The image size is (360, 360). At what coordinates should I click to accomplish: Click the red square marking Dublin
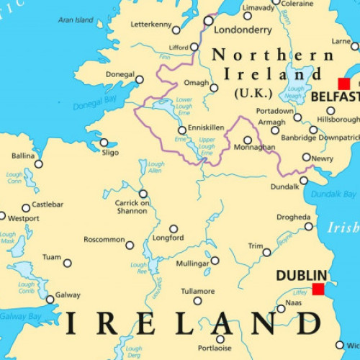pyautogui.click(x=318, y=289)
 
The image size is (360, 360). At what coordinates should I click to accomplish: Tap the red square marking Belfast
pyautogui.click(x=344, y=84)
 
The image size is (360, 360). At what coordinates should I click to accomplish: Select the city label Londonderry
pyautogui.click(x=243, y=30)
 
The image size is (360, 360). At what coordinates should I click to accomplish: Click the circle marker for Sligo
pyautogui.click(x=104, y=143)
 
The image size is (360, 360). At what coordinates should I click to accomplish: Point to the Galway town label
pyautogui.click(x=68, y=295)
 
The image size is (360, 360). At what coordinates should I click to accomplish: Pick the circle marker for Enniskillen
pyautogui.click(x=182, y=130)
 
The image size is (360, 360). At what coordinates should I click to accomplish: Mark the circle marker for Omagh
pyautogui.click(x=214, y=88)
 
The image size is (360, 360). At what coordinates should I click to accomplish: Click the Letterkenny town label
pyautogui.click(x=151, y=24)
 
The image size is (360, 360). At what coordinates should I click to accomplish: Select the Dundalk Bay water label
pyautogui.click(x=334, y=194)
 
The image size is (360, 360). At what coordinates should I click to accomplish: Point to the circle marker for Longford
pyautogui.click(x=173, y=228)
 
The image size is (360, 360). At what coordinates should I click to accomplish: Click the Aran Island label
pyautogui.click(x=76, y=20)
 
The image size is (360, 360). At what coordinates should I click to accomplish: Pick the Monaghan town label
pyautogui.click(x=255, y=147)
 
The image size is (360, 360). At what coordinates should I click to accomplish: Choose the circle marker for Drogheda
pyautogui.click(x=309, y=226)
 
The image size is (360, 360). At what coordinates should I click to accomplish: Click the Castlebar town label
pyautogui.click(x=48, y=204)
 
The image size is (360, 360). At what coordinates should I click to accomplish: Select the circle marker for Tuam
pyautogui.click(x=68, y=264)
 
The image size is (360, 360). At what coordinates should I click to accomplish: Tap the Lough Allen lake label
pyautogui.click(x=156, y=168)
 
